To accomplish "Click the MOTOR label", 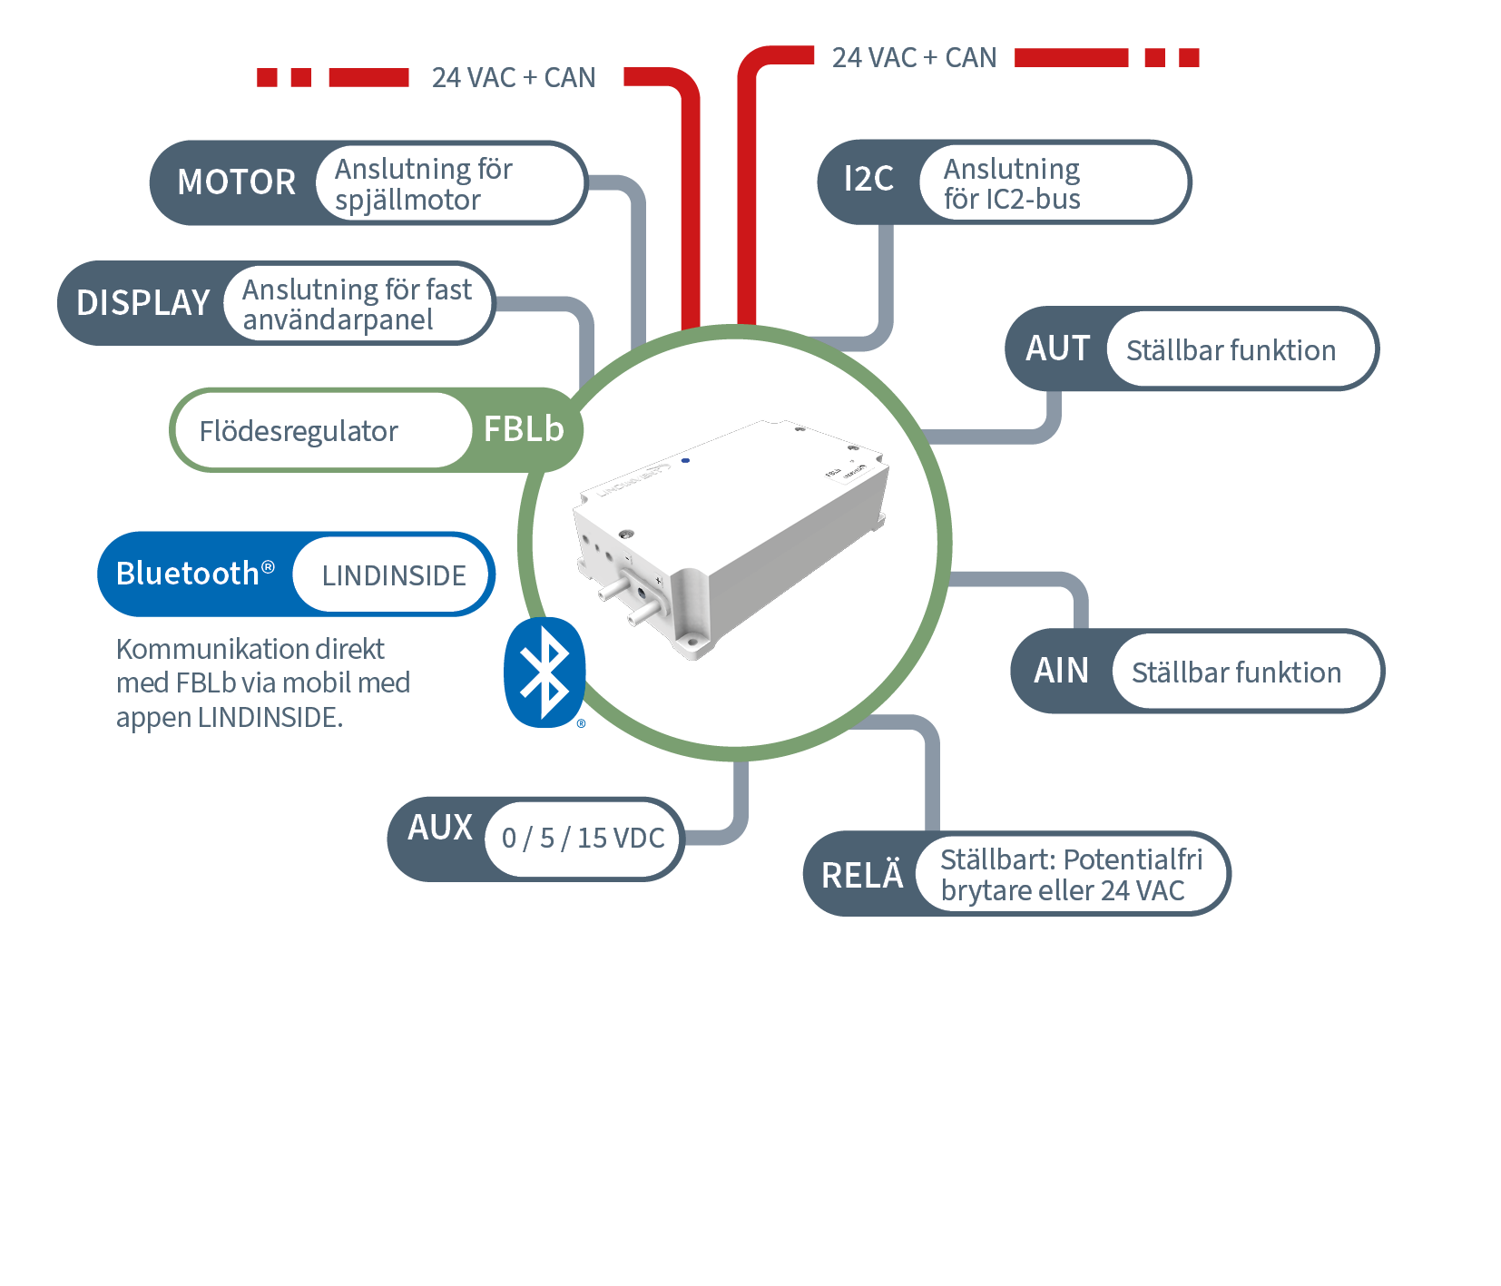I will [x=236, y=182].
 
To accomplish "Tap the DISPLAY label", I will [x=143, y=303].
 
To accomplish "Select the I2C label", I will [x=868, y=180].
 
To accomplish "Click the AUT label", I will [x=1057, y=348].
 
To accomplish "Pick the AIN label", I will [x=1061, y=671].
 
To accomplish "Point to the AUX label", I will [x=440, y=828].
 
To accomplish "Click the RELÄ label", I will [x=862, y=875].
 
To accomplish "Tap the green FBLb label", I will [x=524, y=429].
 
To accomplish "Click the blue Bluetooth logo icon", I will [x=544, y=672].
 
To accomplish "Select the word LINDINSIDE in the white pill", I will [x=394, y=575].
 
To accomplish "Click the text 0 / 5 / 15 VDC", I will [x=583, y=838].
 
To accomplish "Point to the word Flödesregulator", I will [x=299, y=431].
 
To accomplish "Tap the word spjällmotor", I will [x=407, y=201].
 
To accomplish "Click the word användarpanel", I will [x=338, y=320].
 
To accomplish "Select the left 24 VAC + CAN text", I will [x=514, y=78].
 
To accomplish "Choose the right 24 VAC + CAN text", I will [x=914, y=58].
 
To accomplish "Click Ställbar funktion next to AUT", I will [x=1231, y=350].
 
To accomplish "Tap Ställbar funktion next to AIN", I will [x=1236, y=672].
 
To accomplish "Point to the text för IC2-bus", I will [x=1012, y=199].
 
